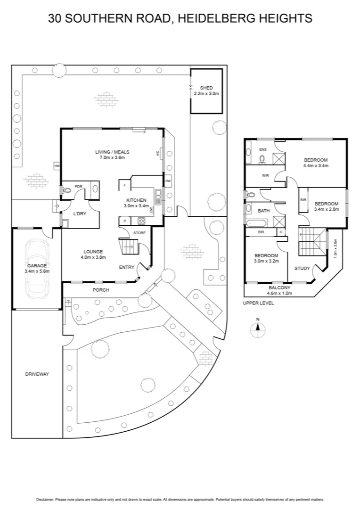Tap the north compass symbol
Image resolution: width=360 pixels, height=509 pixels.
[258, 329]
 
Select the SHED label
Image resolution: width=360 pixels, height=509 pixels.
[206, 88]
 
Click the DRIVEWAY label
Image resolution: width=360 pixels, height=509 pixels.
[37, 374]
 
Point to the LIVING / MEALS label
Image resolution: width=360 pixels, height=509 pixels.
[112, 152]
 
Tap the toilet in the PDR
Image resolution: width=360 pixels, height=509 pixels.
[66, 190]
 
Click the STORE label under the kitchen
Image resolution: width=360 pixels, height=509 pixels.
[139, 233]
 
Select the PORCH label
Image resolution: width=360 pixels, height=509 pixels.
[100, 290]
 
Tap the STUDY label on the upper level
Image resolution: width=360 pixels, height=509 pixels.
[302, 269]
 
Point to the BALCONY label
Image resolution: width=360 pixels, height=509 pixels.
[280, 287]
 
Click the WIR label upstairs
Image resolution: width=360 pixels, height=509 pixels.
[265, 176]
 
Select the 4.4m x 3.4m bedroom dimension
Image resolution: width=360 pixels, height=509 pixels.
[316, 166]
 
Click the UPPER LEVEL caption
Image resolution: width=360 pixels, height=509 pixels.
[258, 303]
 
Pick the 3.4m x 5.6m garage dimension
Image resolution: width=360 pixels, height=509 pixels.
[37, 271]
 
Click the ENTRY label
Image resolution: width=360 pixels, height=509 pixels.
[126, 267]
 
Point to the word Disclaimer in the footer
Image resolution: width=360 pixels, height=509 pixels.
[45, 499]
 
